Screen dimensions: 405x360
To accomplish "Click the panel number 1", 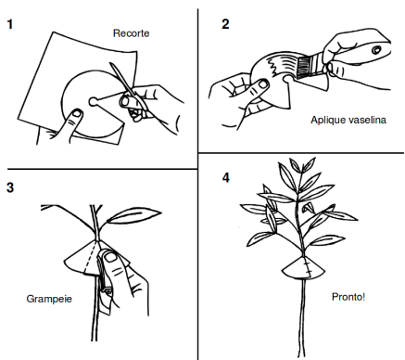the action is (x=10, y=24).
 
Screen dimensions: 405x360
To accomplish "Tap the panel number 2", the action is (x=225, y=24).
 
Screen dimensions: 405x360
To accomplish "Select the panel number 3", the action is (x=10, y=187).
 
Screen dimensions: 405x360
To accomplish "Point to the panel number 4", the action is (x=226, y=178).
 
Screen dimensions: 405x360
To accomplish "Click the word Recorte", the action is (x=132, y=33).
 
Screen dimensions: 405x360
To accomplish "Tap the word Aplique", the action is (x=328, y=121).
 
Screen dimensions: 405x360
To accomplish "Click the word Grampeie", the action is (x=49, y=299).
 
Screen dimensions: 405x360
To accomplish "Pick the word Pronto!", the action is (x=348, y=297).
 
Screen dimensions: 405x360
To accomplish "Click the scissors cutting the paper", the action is (x=129, y=92).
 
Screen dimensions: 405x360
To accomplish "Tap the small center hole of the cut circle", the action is (x=93, y=101).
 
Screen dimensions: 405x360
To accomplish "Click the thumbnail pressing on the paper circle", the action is (x=76, y=114).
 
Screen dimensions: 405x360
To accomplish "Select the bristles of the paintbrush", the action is (x=304, y=67).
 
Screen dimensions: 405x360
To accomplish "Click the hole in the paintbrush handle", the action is (x=376, y=49).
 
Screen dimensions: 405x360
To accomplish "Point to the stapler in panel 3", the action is (x=105, y=283).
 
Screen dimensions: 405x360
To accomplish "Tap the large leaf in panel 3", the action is (x=134, y=215).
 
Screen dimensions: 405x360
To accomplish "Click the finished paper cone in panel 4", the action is (x=303, y=267).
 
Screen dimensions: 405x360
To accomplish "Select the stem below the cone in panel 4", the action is (x=302, y=318).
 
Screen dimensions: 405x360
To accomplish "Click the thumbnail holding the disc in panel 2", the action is (x=263, y=84).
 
